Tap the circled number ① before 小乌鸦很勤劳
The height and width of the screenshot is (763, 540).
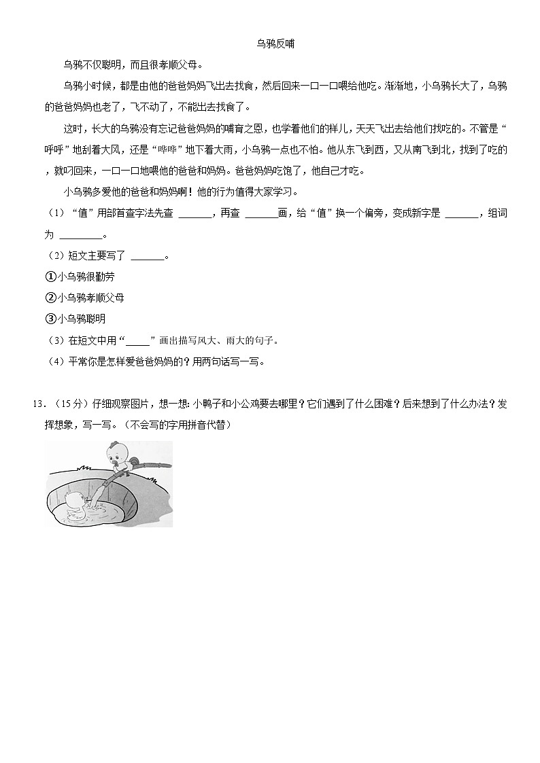(50, 277)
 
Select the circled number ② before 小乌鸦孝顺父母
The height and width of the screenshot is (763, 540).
(50, 298)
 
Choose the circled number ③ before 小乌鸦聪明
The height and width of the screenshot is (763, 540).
(50, 319)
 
